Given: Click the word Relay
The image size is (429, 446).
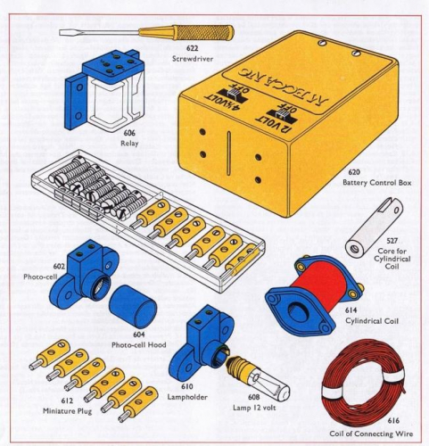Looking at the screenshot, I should [129, 141].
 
